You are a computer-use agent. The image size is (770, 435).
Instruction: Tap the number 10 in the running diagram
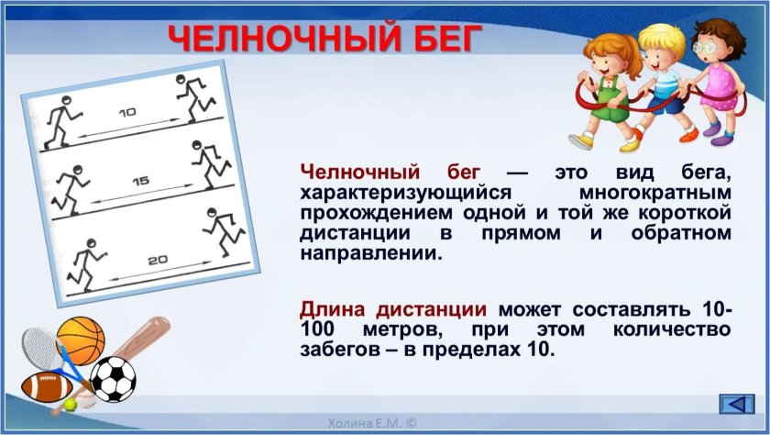[x=127, y=113]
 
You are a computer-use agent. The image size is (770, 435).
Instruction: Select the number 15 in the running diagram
[x=140, y=182]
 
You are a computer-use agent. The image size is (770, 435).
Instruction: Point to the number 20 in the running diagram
[x=158, y=260]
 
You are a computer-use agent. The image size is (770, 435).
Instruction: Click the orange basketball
[x=82, y=340]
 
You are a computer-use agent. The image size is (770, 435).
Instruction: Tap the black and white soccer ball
[x=114, y=379]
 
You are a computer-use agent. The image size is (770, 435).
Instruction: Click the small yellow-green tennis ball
[x=71, y=405]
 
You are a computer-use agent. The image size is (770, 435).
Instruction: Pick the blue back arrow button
[x=737, y=404]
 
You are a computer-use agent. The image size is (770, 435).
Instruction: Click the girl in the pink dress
[x=717, y=81]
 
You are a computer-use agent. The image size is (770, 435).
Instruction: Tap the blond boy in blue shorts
[x=664, y=84]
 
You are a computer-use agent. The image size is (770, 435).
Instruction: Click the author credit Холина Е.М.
[x=372, y=423]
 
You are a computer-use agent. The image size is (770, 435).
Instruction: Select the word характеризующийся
[x=405, y=193]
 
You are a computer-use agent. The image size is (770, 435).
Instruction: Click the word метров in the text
[x=402, y=329]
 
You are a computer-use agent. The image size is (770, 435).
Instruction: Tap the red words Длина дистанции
[x=393, y=309]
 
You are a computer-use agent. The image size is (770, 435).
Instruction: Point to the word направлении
[x=368, y=253]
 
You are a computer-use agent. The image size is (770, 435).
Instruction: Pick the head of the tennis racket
[x=42, y=348]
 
